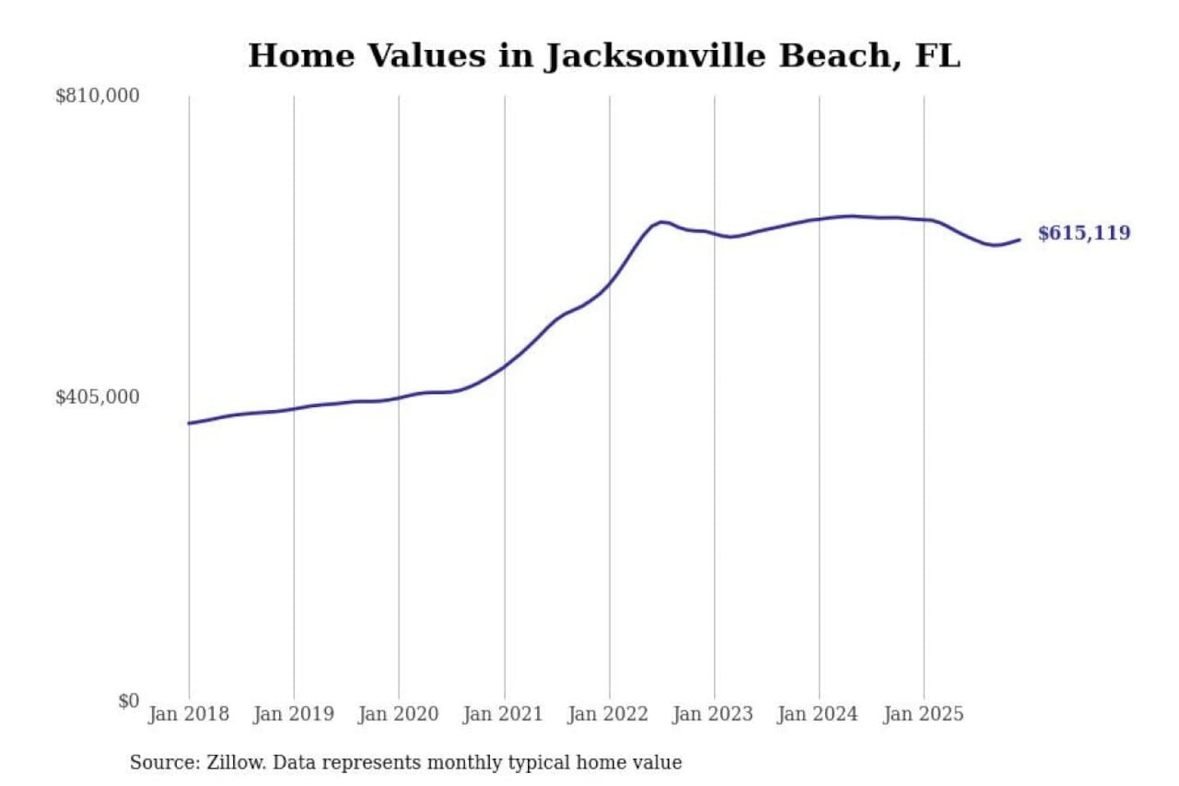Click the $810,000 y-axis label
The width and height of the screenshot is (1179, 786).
click(97, 96)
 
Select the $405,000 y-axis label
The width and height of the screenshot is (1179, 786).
click(97, 397)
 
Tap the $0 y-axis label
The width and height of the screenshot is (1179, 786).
click(129, 701)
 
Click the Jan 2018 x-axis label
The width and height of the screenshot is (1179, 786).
click(188, 714)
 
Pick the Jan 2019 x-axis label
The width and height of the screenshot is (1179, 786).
click(293, 714)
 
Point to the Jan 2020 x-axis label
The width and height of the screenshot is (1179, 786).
click(398, 714)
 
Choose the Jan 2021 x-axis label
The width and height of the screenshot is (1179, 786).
click(503, 714)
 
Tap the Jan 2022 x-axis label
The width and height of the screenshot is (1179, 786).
click(608, 714)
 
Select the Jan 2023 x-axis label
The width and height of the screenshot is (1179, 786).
click(712, 714)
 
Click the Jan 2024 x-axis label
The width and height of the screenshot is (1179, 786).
click(817, 714)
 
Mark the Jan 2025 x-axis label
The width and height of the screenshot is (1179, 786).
click(923, 714)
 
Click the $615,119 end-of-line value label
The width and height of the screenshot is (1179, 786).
click(1084, 233)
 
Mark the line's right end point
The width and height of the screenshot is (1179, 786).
click(1019, 240)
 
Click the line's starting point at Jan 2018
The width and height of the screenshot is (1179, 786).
click(189, 423)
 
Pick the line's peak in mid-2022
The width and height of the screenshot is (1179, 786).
click(662, 222)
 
